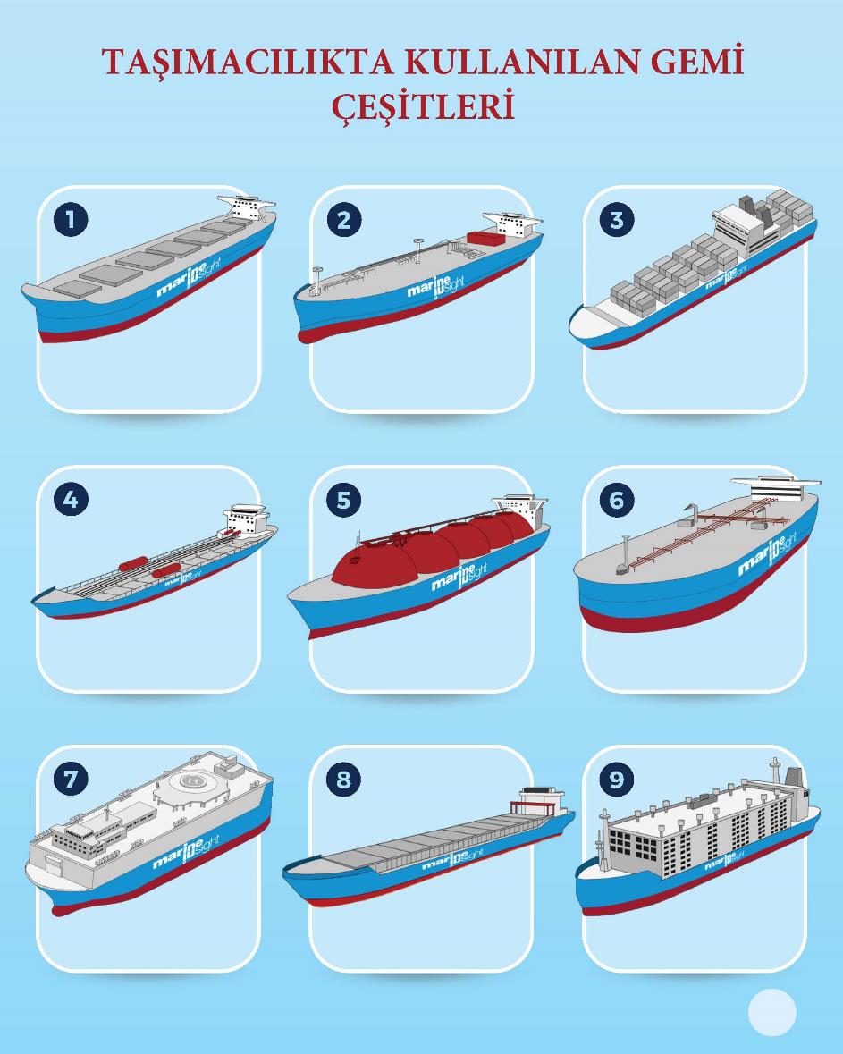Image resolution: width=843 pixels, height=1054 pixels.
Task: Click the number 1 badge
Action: [71, 220]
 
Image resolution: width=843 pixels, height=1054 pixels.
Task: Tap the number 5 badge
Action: [343, 500]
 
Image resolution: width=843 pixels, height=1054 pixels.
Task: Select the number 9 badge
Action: [617, 780]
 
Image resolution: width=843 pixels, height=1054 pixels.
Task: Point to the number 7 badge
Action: [71, 780]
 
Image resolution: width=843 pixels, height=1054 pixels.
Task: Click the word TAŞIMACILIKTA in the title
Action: [248, 62]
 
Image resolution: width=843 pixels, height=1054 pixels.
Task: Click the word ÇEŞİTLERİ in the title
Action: [424, 106]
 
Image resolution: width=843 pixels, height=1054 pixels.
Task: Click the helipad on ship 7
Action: [193, 781]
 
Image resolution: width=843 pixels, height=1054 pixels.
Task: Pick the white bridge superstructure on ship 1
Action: [248, 207]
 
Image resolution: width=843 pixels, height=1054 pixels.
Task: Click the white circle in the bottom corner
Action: [771, 1012]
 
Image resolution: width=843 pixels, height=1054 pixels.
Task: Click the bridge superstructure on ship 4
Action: [247, 519]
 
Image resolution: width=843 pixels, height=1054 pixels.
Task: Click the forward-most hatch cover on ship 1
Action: [77, 289]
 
